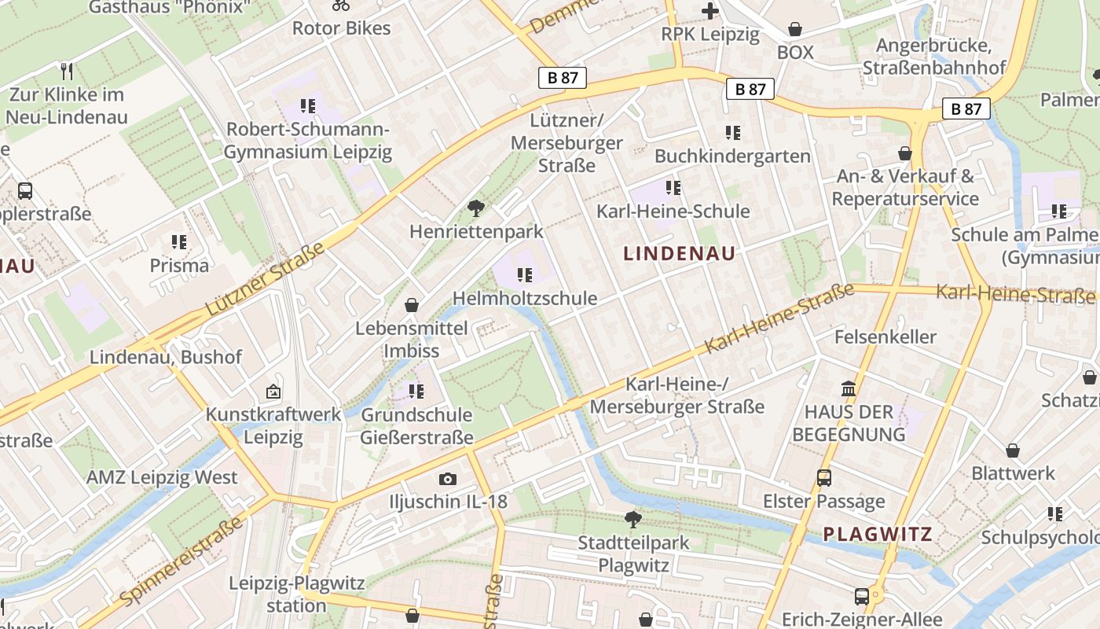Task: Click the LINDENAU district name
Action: coord(680,253)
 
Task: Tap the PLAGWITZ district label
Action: coord(878,535)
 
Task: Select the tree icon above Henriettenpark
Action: coord(475,208)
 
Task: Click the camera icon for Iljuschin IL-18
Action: coord(448,479)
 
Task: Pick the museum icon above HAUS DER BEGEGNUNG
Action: coord(849,388)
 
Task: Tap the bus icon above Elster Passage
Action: coord(824,478)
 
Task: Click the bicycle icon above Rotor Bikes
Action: coord(341,5)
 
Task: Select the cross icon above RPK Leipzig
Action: coord(710,11)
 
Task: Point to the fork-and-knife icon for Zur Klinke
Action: coord(67,72)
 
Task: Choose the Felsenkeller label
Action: coord(885,337)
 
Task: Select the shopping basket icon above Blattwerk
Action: coord(1013,451)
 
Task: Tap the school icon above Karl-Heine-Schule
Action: coord(673,188)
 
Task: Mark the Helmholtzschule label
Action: coord(525,299)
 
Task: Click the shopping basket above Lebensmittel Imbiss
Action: coord(411,305)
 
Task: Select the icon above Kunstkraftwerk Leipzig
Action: coord(273,391)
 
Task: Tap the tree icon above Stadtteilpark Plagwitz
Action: coord(632,519)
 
